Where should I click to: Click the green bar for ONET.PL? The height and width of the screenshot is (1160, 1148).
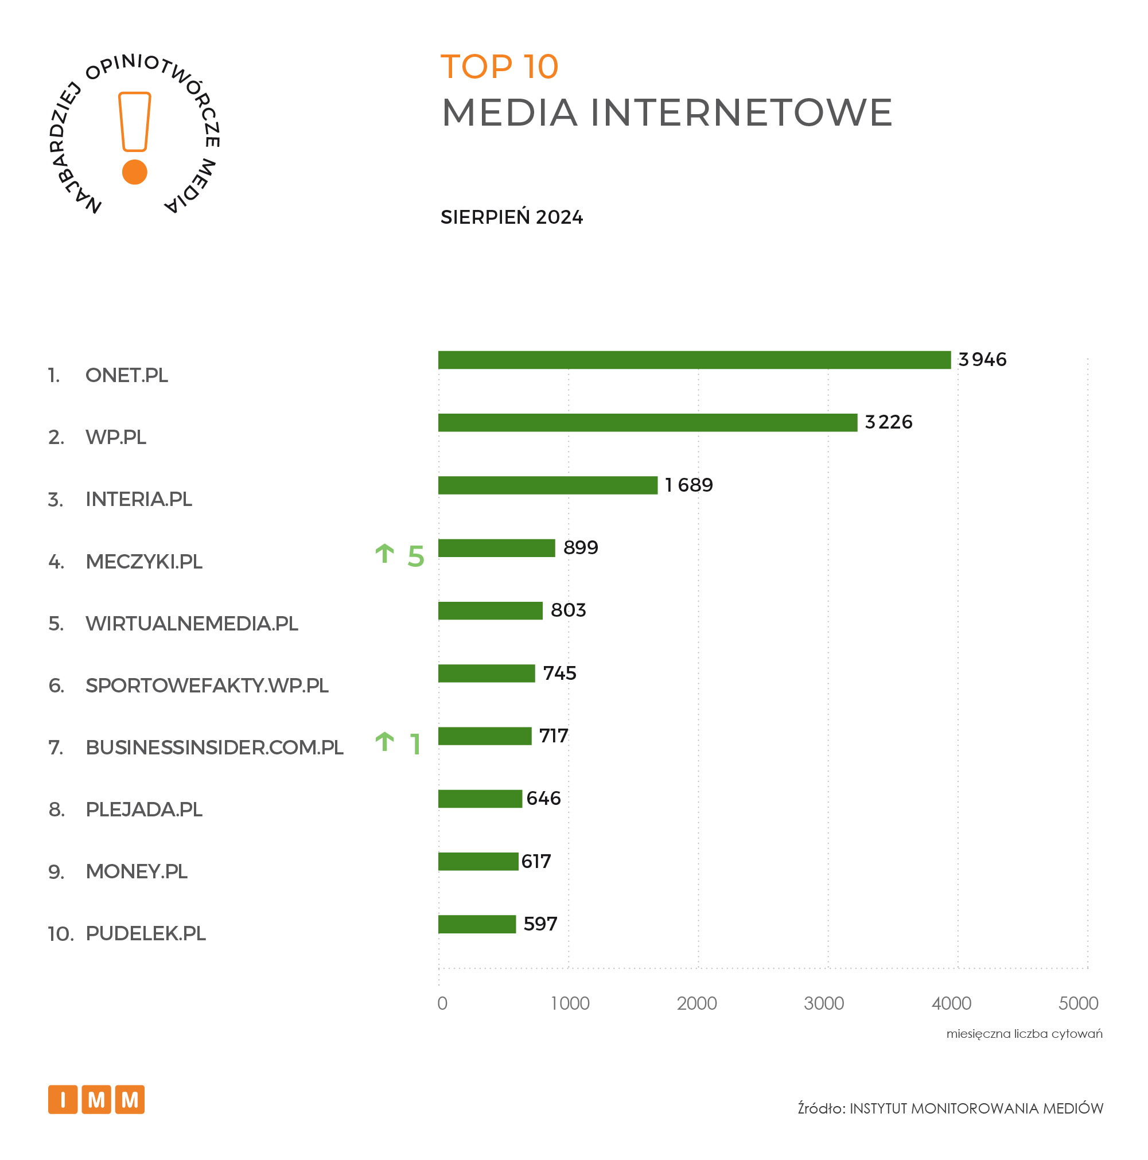click(694, 360)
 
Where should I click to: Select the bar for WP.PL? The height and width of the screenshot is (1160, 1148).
click(647, 422)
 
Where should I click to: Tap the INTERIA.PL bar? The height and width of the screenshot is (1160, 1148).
click(547, 485)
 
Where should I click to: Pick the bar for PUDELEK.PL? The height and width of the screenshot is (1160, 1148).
click(477, 924)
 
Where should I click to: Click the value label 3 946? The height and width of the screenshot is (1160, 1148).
click(982, 360)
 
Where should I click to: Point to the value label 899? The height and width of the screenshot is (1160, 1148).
click(581, 547)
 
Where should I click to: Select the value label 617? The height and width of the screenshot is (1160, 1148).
click(536, 862)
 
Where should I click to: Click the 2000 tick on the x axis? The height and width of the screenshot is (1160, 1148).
click(697, 1003)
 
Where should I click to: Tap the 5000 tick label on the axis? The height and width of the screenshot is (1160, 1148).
click(1079, 1003)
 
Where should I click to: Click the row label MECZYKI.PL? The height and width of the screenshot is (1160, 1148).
click(144, 562)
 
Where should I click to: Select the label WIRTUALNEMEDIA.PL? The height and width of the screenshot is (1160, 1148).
click(192, 624)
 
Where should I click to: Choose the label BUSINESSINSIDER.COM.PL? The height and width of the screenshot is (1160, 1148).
click(215, 748)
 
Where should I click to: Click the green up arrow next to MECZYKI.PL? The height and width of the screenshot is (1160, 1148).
click(384, 554)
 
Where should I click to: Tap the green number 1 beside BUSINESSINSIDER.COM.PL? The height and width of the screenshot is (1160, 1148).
click(415, 745)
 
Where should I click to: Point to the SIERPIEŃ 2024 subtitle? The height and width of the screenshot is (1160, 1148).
click(512, 217)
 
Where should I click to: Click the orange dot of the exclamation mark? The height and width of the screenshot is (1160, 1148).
click(134, 172)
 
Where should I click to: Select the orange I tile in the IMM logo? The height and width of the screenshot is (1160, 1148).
click(63, 1099)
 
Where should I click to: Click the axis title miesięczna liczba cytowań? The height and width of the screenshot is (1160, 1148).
click(1024, 1034)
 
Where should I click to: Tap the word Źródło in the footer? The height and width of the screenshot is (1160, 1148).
click(821, 1108)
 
